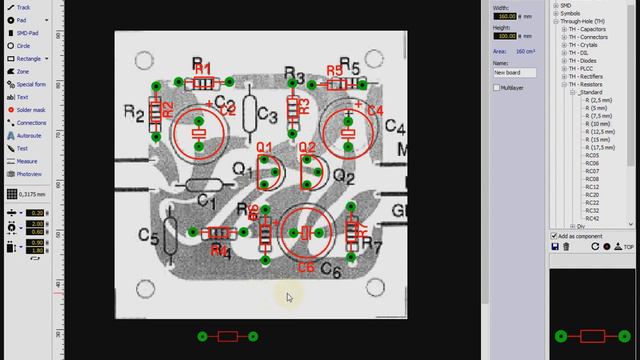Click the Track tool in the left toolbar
click(x=23, y=7)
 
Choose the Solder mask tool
click(x=31, y=109)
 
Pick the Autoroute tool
click(x=29, y=135)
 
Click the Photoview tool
click(x=29, y=173)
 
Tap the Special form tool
click(x=31, y=84)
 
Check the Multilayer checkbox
click(x=497, y=88)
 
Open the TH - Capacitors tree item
click(x=591, y=30)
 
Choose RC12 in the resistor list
click(x=593, y=187)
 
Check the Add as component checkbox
click(x=554, y=236)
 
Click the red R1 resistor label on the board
click(x=203, y=68)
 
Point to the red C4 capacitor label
click(x=376, y=109)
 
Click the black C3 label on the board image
click(x=267, y=115)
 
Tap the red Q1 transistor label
click(x=265, y=148)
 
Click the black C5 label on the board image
click(x=149, y=236)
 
